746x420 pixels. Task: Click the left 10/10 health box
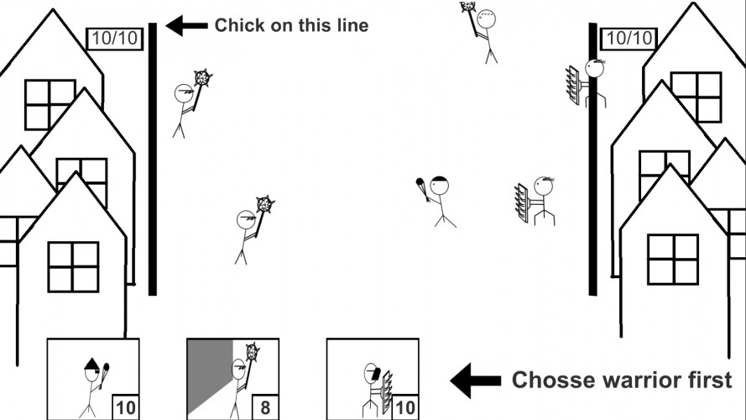(115, 39)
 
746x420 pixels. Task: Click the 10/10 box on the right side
(629, 39)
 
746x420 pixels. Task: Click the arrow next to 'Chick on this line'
(186, 26)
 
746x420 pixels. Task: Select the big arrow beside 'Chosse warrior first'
(475, 380)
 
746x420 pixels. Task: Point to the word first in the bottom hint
(710, 380)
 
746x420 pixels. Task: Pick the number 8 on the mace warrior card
(265, 407)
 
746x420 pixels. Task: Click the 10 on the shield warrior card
(404, 407)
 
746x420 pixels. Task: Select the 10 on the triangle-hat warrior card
(126, 407)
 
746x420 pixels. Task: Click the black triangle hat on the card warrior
(91, 365)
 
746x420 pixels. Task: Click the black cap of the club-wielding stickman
(439, 180)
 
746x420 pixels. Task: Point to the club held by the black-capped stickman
(422, 189)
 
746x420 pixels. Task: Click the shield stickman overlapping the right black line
(586, 83)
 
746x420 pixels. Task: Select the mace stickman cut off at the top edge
(481, 31)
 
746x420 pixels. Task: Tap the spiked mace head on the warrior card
(253, 351)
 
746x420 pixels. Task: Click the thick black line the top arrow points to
(152, 159)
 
